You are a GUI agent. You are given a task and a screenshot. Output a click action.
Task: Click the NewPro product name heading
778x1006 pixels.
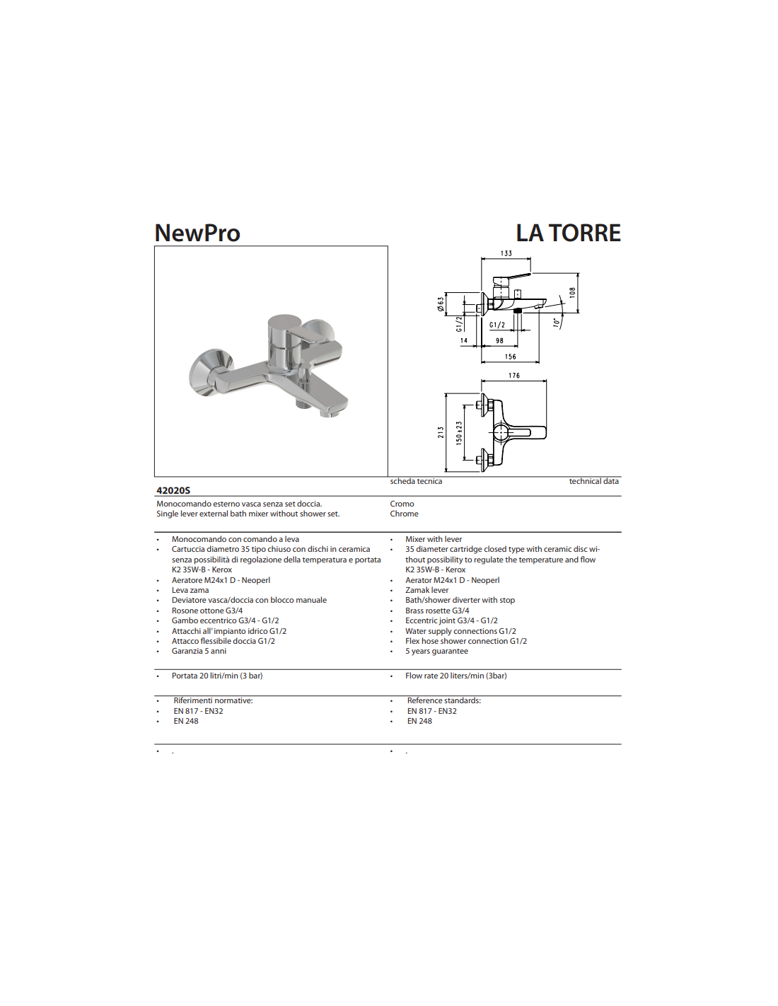click(x=197, y=233)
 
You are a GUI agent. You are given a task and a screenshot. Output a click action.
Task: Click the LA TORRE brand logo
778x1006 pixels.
click(x=568, y=233)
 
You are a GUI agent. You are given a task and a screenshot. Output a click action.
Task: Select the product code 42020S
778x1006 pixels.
click(x=173, y=490)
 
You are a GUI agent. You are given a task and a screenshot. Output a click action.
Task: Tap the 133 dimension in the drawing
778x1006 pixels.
click(x=506, y=253)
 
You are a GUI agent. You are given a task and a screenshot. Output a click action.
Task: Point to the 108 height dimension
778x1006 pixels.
click(x=572, y=292)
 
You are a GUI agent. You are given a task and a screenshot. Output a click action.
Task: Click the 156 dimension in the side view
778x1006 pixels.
click(x=511, y=357)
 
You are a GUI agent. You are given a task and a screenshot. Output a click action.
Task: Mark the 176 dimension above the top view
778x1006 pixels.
click(x=514, y=376)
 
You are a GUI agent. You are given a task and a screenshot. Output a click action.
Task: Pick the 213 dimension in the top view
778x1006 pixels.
click(x=441, y=432)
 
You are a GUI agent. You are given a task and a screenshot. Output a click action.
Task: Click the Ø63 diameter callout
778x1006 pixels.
click(x=441, y=304)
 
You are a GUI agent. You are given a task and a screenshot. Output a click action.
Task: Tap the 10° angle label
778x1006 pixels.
click(x=557, y=323)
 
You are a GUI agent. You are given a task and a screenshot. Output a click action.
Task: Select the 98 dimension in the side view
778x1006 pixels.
click(x=499, y=341)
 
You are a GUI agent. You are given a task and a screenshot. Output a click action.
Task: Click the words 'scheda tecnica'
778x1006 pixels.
click(x=416, y=481)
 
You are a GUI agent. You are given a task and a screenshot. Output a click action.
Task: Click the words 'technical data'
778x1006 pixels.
click(x=593, y=481)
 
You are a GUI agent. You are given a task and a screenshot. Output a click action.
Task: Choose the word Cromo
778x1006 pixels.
click(x=402, y=504)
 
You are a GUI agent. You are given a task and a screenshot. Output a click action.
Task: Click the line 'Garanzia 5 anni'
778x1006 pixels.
click(x=199, y=651)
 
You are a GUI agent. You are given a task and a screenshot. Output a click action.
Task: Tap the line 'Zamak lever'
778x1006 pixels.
click(x=426, y=590)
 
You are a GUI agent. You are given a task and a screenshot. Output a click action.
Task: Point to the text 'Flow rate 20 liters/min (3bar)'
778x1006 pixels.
click(x=455, y=676)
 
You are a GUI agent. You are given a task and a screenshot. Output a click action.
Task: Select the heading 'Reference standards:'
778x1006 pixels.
click(x=443, y=700)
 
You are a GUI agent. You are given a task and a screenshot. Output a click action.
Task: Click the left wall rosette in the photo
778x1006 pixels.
click(x=209, y=371)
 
